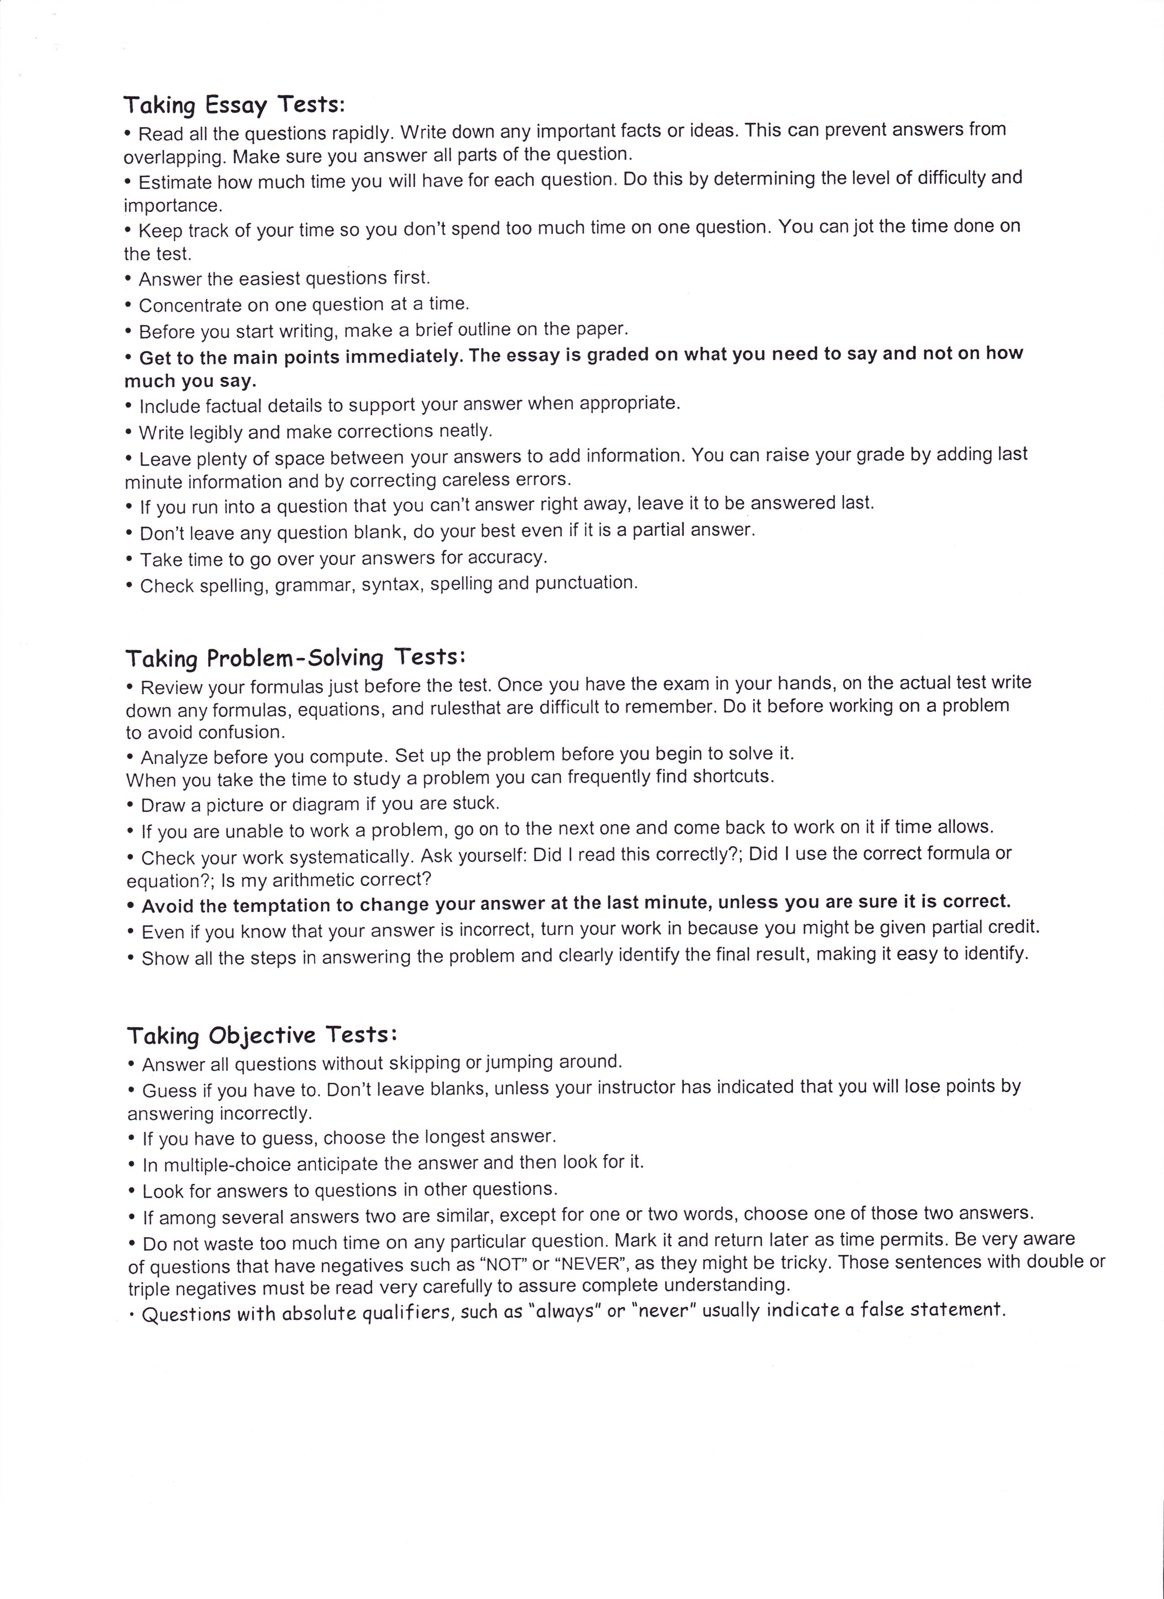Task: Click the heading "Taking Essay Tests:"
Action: point(234,105)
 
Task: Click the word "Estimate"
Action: point(175,182)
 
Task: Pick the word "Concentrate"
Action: point(186,305)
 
